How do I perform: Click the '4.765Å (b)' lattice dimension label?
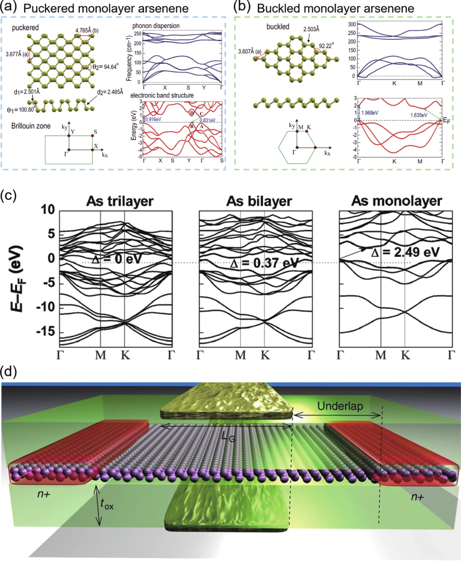click(87, 31)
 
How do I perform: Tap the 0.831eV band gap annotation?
click(207, 120)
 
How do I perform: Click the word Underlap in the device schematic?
click(340, 406)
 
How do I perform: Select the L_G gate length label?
click(228, 436)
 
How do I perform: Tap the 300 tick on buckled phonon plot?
click(352, 24)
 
